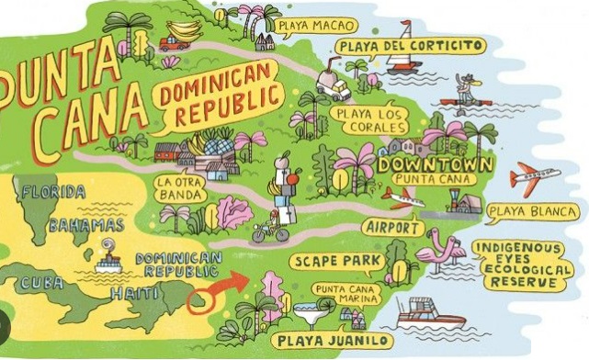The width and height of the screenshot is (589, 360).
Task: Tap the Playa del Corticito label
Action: pos(407,44)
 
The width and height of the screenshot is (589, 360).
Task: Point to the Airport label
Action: pos(391,226)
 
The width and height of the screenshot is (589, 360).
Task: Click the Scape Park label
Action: pos(337,260)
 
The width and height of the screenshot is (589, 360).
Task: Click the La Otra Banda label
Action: pos(178,187)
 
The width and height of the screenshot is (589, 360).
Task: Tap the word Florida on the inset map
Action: pos(53,192)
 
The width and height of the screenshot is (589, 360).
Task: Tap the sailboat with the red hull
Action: pos(402,61)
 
